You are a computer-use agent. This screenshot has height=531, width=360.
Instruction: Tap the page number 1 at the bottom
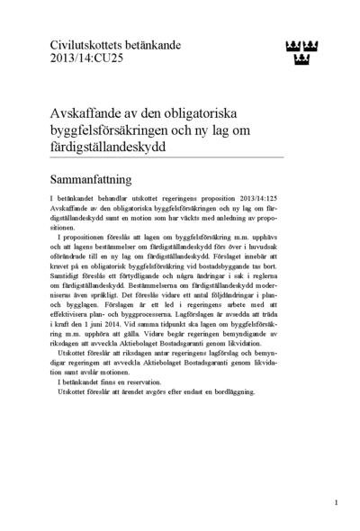click(336, 502)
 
